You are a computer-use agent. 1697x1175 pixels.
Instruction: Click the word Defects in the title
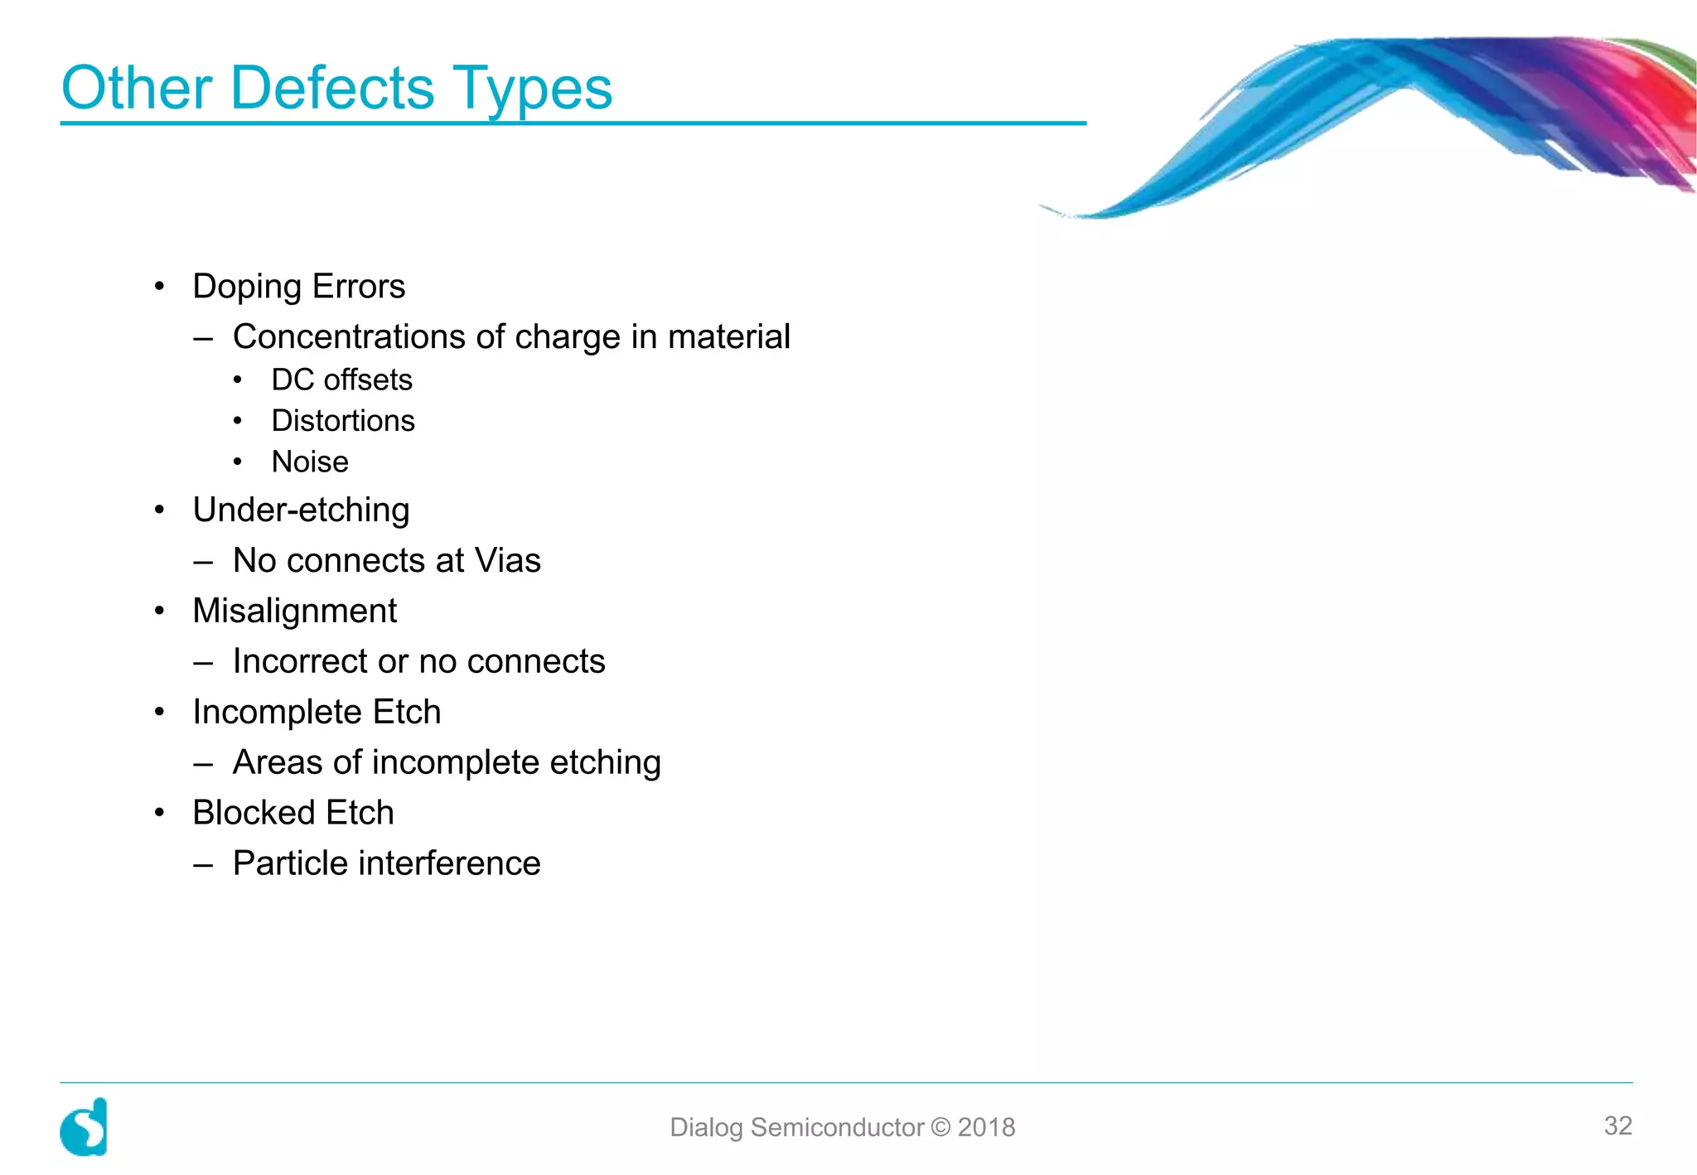tap(331, 88)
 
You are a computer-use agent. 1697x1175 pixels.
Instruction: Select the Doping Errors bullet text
tap(298, 287)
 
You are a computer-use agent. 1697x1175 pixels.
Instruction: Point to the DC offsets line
tap(341, 380)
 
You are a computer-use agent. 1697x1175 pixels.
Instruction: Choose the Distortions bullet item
tap(343, 421)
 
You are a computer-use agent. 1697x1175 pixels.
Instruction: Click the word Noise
tap(310, 462)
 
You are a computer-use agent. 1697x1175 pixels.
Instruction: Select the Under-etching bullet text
tap(301, 510)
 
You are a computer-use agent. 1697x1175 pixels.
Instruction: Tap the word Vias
tap(507, 561)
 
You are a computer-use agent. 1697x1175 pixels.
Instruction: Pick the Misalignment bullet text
tap(294, 612)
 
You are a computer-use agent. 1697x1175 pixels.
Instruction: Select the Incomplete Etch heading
tap(317, 712)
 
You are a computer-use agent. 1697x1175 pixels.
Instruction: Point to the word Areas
tap(277, 762)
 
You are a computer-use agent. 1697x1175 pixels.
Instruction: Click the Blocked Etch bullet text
tap(293, 813)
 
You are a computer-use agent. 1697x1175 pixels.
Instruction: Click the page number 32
tap(1617, 1125)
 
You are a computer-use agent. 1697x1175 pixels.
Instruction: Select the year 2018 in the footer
tap(986, 1128)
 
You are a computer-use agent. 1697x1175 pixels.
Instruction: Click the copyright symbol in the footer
tap(940, 1128)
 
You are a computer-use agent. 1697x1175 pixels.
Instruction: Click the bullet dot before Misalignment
tap(160, 612)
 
